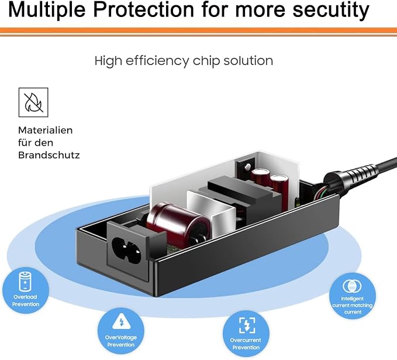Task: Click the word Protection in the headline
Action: pos(144,9)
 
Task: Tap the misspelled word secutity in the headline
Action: pos(331,10)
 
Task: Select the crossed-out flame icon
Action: pos(33,102)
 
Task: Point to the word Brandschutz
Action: pos(49,155)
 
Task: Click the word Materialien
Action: pos(46,131)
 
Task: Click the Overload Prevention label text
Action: pos(26,300)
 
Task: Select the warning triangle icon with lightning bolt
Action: pos(121,321)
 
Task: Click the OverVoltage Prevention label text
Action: pos(121,341)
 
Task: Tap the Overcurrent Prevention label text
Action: pos(246,344)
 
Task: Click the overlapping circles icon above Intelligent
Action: pos(352,286)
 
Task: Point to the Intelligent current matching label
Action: pos(353,305)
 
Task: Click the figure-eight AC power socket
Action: pos(126,249)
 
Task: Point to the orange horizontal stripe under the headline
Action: pos(199,30)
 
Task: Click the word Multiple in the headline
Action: pos(47,10)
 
